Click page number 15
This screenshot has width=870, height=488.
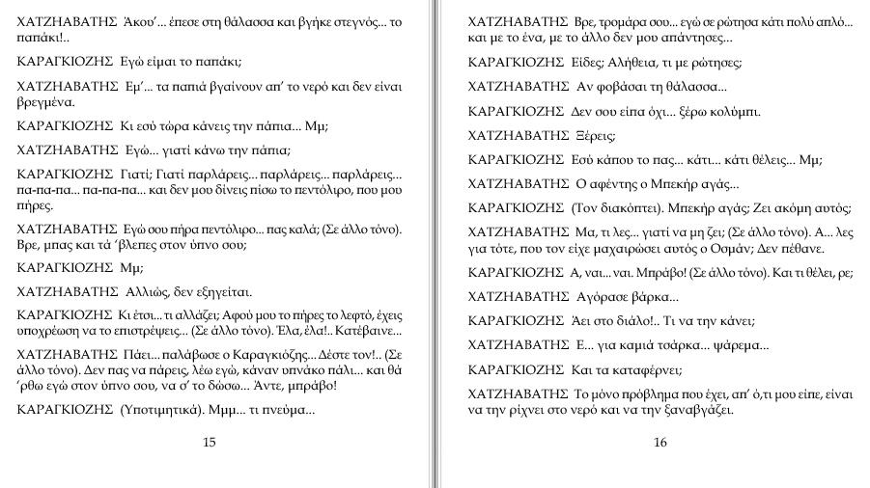tap(210, 443)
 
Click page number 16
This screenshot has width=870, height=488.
tap(660, 443)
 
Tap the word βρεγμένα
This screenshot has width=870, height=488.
tap(45, 100)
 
